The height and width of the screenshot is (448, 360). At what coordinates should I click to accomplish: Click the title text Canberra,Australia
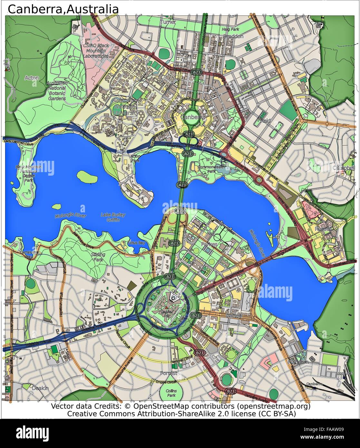63,9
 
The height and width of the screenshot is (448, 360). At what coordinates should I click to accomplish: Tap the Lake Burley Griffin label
113,217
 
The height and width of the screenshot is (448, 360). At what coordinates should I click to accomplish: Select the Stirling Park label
98,257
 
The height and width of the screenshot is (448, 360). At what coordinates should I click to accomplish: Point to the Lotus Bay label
137,242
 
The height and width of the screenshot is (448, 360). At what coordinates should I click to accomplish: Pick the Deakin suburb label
40,388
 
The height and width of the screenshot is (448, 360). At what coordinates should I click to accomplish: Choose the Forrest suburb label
169,373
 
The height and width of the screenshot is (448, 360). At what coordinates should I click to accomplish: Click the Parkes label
209,244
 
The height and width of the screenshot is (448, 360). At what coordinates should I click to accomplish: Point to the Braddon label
233,36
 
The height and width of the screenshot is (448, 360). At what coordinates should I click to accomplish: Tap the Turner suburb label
168,22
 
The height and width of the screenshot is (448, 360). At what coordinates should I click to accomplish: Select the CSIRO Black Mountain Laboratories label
96,51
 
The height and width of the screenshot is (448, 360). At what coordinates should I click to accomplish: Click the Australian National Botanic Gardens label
57,91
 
